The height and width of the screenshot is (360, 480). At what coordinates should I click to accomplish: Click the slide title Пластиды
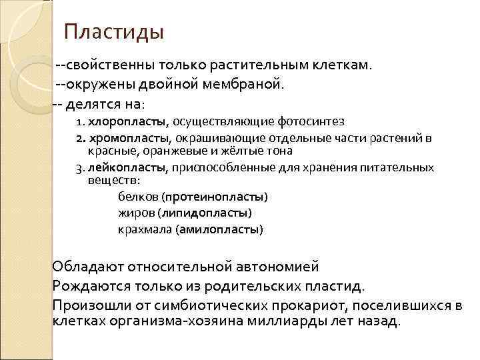coord(114,31)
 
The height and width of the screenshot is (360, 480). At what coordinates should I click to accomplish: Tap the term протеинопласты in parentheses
coord(216,197)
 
